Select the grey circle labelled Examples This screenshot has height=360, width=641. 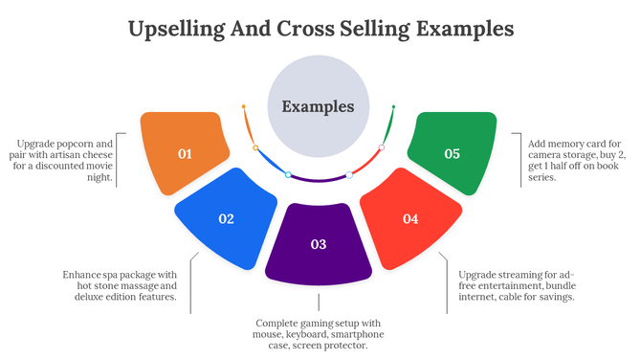click(318, 106)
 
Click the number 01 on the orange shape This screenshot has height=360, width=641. click(185, 153)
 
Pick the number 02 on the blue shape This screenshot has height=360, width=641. click(226, 218)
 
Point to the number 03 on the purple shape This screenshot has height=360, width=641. click(319, 244)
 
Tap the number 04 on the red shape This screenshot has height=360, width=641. click(410, 218)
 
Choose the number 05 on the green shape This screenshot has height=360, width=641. click(453, 153)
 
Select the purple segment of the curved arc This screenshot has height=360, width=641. click(319, 180)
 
